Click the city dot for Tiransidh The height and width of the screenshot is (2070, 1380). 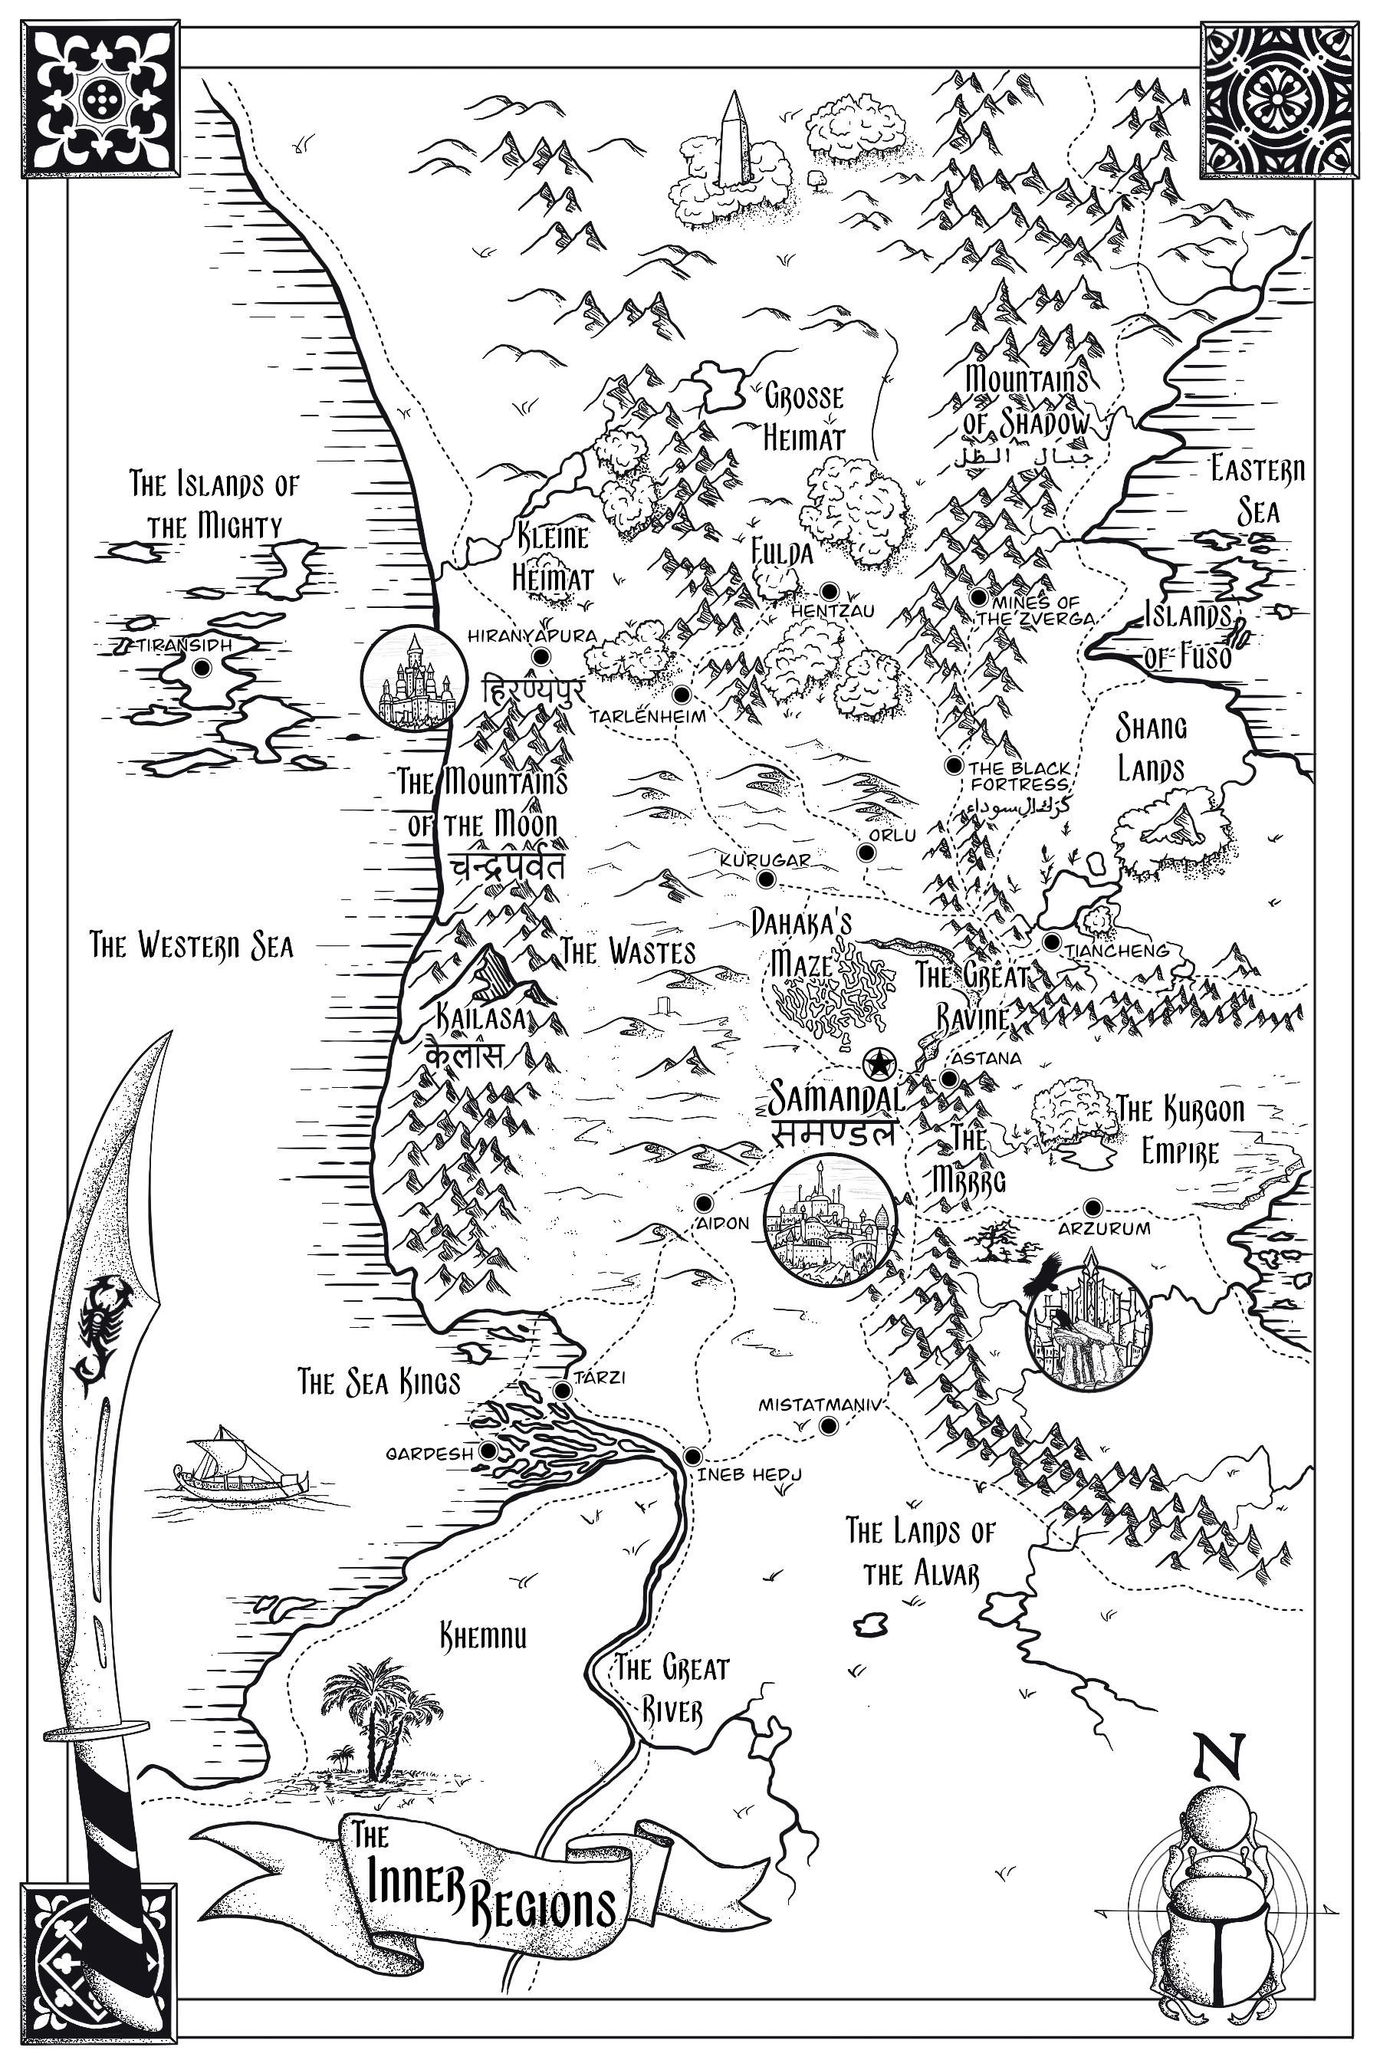(x=202, y=668)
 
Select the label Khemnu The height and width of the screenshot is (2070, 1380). (x=483, y=1636)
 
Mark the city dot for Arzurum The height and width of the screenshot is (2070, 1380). (x=1093, y=1207)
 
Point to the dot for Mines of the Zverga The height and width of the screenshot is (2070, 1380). (x=978, y=596)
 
